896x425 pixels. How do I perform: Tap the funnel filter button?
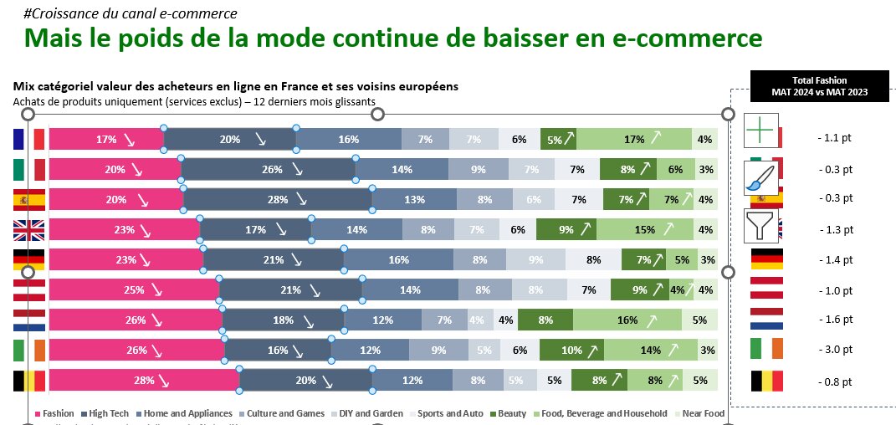760,225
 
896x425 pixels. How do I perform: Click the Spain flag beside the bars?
28,200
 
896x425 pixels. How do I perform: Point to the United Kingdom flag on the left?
28,230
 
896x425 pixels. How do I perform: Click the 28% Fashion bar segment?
144,380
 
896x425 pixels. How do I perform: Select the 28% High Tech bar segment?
278,200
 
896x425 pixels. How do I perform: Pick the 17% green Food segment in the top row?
634,140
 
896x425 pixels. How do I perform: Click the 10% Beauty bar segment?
571,350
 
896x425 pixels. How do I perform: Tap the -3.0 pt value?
836,351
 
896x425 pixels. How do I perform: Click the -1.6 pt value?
836,320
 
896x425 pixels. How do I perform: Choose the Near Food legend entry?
703,413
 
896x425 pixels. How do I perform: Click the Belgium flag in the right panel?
766,381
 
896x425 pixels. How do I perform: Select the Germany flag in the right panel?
766,259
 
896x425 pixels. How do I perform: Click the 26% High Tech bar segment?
268,170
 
